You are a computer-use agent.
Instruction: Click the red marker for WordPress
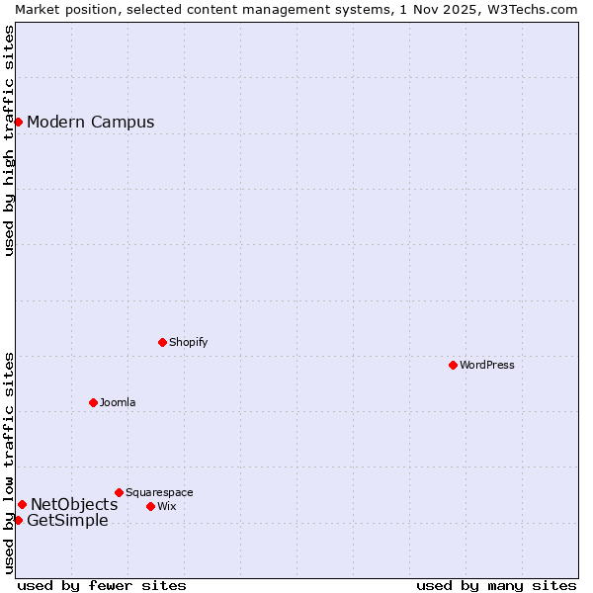click(453, 365)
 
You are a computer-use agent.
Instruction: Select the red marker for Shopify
click(162, 342)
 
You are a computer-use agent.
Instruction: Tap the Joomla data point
click(93, 402)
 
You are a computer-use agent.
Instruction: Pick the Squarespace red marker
click(119, 492)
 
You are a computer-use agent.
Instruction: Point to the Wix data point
click(150, 506)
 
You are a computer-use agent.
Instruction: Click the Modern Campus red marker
click(18, 122)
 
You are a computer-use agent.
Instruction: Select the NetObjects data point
click(22, 504)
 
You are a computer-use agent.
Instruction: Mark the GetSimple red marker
click(18, 520)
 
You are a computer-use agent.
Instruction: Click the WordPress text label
click(487, 365)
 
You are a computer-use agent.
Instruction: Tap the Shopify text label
click(188, 342)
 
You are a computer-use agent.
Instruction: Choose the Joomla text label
click(118, 402)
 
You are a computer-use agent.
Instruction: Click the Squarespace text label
click(159, 492)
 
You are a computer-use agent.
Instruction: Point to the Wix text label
click(167, 506)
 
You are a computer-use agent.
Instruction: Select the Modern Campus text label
click(91, 123)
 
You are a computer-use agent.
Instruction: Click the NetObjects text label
click(74, 505)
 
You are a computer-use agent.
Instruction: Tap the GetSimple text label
click(67, 521)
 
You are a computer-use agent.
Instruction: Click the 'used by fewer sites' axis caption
click(102, 585)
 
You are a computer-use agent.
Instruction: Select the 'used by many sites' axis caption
click(496, 585)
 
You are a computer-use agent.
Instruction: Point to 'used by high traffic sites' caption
click(9, 140)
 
